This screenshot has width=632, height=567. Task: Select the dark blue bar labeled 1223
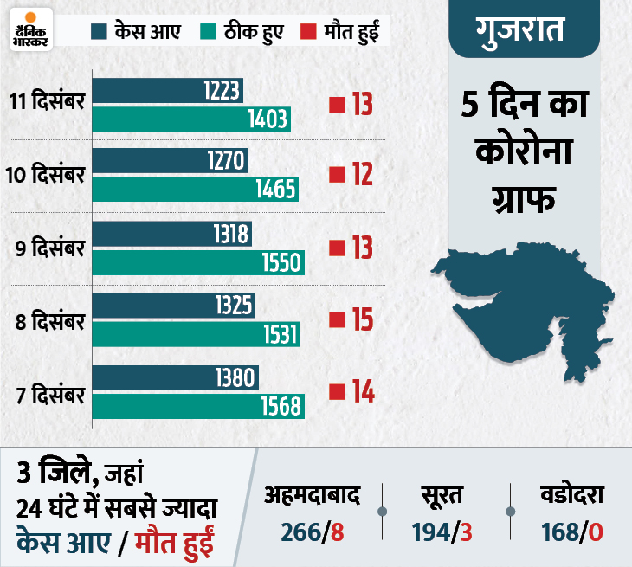click(x=168, y=92)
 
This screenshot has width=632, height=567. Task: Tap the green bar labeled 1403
click(x=191, y=119)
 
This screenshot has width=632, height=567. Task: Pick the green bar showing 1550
click(x=198, y=262)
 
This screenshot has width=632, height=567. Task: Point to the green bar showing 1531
click(x=197, y=333)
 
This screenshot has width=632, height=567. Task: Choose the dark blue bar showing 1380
click(x=175, y=377)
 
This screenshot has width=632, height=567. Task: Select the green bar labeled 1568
click(x=198, y=405)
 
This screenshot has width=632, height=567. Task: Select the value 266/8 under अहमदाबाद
click(x=313, y=531)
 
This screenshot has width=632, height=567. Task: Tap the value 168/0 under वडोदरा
click(x=573, y=531)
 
